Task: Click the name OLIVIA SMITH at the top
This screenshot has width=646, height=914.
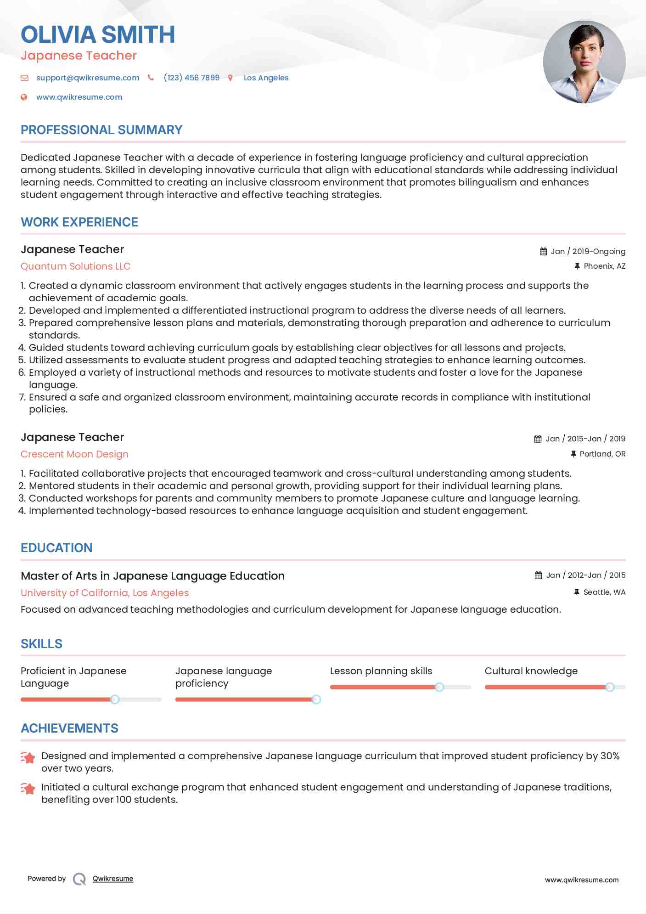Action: coord(98,34)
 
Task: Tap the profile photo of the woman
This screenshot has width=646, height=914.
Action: coord(584,62)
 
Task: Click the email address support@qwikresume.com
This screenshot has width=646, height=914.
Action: coord(88,78)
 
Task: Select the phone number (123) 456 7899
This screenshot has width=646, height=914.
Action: coord(191,78)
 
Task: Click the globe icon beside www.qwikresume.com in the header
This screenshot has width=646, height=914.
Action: coord(24,97)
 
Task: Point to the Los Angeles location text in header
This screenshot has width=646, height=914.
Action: coord(266,78)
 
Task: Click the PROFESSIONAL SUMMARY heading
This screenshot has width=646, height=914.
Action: coord(101,130)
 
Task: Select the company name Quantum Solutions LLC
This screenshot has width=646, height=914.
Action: coord(75,266)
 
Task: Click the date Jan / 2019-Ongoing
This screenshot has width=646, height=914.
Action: coord(588,251)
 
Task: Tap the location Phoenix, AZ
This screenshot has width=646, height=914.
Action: coord(604,266)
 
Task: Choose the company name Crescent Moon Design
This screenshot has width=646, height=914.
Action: coord(74,454)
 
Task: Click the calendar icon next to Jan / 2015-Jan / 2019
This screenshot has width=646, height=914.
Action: coord(538,439)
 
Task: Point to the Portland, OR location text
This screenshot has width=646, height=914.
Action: coord(602,454)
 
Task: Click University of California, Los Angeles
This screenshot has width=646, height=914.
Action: coord(105,593)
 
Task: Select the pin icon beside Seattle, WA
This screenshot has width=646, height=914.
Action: coord(577,592)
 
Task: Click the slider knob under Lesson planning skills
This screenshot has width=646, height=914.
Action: coord(439,687)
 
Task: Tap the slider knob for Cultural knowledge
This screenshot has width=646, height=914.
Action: coord(610,687)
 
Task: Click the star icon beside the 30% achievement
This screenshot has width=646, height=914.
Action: coord(28,758)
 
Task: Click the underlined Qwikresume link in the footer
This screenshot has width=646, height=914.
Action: coord(113,879)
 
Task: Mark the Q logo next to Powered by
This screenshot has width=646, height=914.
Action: coord(79,879)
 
